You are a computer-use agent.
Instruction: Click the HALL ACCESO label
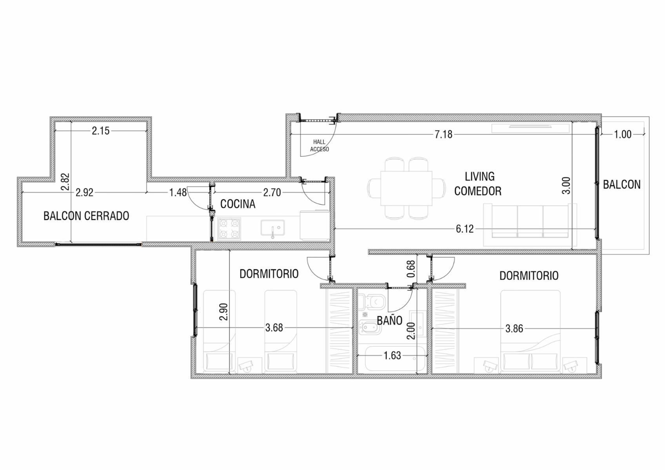pos(320,146)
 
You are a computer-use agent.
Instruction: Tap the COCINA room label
pos(238,204)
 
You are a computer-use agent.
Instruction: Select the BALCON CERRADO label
pos(86,216)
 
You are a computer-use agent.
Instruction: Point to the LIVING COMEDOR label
pos(478,184)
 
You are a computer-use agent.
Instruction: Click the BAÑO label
pos(389,320)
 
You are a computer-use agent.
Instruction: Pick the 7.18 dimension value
pos(443,134)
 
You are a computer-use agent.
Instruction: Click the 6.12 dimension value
pos(465,229)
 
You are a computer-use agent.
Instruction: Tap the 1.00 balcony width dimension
pos(623,134)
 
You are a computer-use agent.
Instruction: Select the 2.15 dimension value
pos(101,131)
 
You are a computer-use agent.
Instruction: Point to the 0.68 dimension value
pos(411,269)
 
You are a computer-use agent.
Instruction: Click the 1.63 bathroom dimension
pos(392,355)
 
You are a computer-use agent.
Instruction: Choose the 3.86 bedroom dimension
pos(514,329)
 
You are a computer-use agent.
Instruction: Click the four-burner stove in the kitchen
pos(229,229)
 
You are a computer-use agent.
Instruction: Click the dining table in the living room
pos(407,188)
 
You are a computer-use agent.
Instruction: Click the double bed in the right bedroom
pos(531,331)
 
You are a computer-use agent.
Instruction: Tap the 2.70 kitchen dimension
pos(272,192)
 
